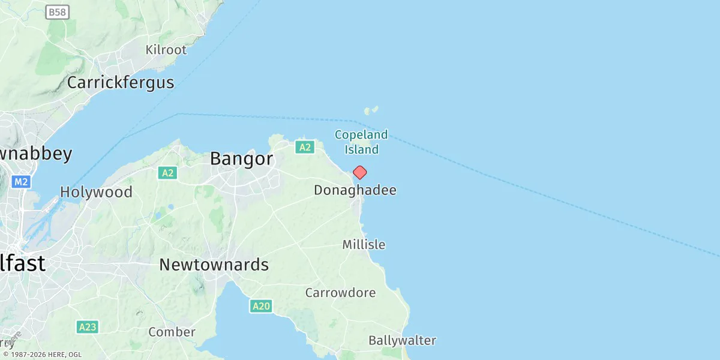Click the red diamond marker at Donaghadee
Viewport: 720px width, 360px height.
pos(359,173)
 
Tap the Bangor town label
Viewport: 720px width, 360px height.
pos(241,159)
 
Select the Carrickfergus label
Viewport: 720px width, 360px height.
pos(121,82)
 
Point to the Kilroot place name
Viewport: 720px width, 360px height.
pos(166,50)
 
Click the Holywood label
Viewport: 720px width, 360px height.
pos(96,192)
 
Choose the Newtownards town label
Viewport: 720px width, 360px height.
pos(214,265)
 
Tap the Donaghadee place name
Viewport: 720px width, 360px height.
pos(355,190)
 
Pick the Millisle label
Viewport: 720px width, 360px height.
pos(364,245)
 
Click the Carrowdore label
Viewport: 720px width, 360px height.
pos(340,293)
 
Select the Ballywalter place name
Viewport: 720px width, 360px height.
pos(402,341)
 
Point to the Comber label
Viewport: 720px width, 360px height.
pos(172,332)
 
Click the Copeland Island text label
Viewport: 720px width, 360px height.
pos(361,142)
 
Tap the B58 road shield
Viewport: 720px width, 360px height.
pos(58,12)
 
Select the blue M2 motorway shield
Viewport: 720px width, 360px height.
pos(21,181)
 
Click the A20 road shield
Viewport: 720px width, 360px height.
pos(261,307)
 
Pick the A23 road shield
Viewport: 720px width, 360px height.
pos(88,327)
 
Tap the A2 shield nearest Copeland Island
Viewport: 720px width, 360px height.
pos(305,147)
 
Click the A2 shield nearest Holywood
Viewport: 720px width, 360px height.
pos(167,173)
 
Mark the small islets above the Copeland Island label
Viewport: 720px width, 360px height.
pos(371,110)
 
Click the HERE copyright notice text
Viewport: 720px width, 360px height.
pos(42,355)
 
